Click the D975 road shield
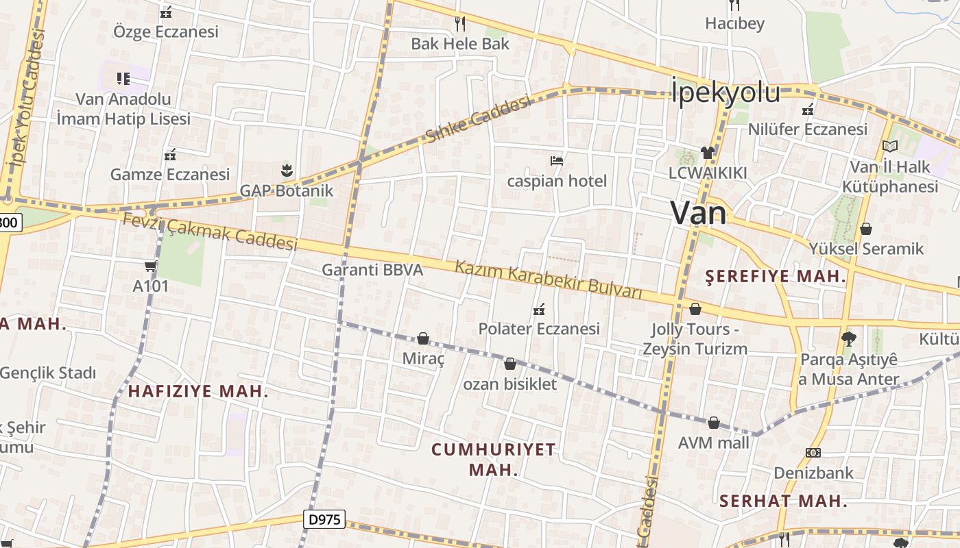click(x=324, y=519)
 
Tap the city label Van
click(x=698, y=213)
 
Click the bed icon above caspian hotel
click(x=557, y=161)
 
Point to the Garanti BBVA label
click(x=372, y=270)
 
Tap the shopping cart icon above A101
click(x=151, y=266)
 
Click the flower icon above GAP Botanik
click(x=287, y=170)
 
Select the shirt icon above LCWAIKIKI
click(x=708, y=152)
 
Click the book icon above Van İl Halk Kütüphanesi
click(x=890, y=146)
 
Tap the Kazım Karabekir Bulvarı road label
click(x=549, y=279)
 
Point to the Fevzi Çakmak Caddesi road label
click(x=210, y=232)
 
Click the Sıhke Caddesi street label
click(x=478, y=120)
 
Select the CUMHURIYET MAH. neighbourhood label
click(x=494, y=459)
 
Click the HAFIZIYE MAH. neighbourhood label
click(x=197, y=392)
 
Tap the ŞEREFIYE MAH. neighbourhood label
click(x=776, y=277)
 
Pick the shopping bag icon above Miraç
click(x=423, y=338)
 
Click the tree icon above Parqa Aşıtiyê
click(x=849, y=338)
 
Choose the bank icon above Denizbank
click(x=813, y=453)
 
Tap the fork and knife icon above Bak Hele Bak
click(x=460, y=24)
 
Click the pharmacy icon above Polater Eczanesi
click(x=539, y=309)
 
